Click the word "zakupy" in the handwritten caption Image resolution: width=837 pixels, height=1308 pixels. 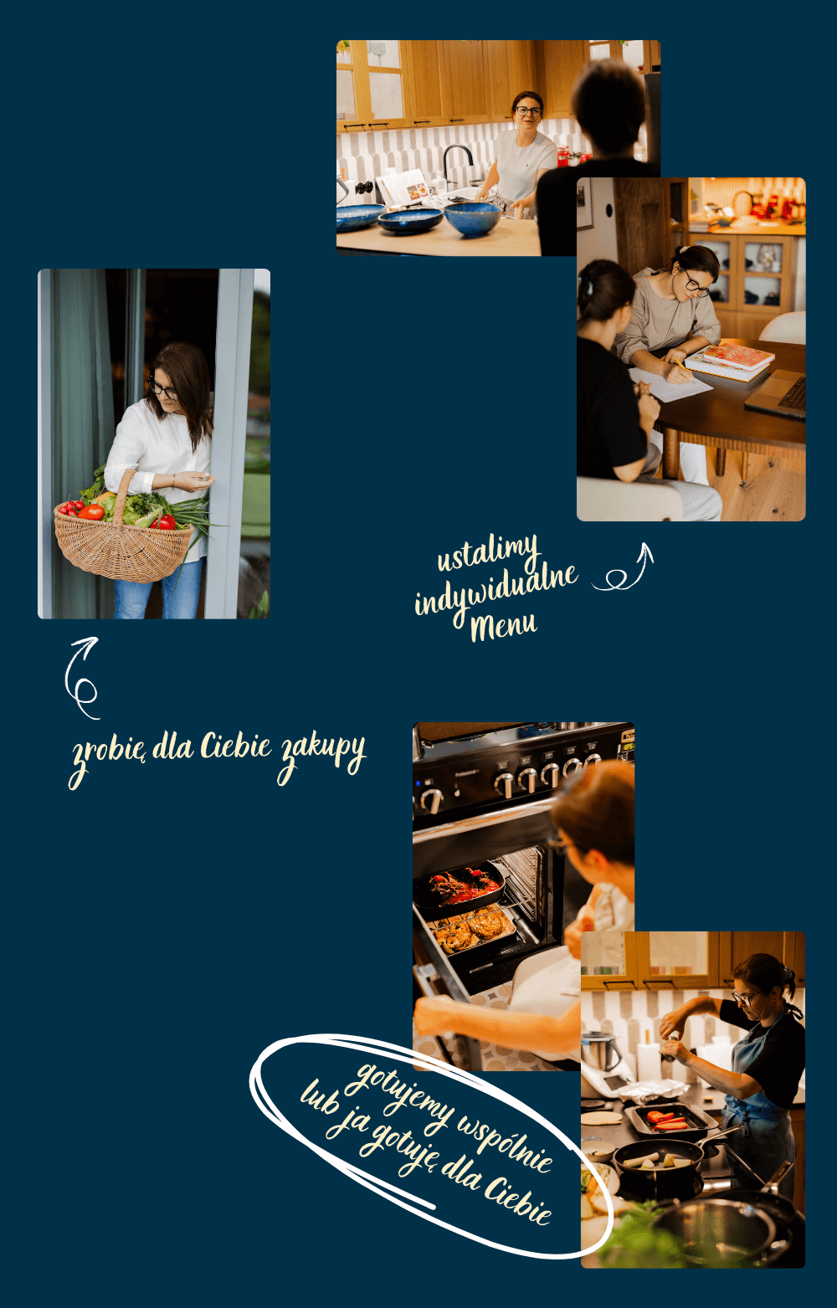(x=322, y=756)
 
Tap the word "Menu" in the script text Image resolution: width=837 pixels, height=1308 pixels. (x=504, y=626)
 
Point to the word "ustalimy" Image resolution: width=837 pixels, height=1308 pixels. (x=488, y=551)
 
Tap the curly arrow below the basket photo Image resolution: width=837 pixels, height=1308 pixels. (x=82, y=678)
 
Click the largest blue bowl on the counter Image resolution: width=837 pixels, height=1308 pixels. (x=473, y=218)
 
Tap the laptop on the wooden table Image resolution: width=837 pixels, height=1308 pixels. (x=776, y=395)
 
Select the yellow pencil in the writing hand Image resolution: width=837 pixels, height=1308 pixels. (x=683, y=370)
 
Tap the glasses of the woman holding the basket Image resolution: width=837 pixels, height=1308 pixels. (x=162, y=389)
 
